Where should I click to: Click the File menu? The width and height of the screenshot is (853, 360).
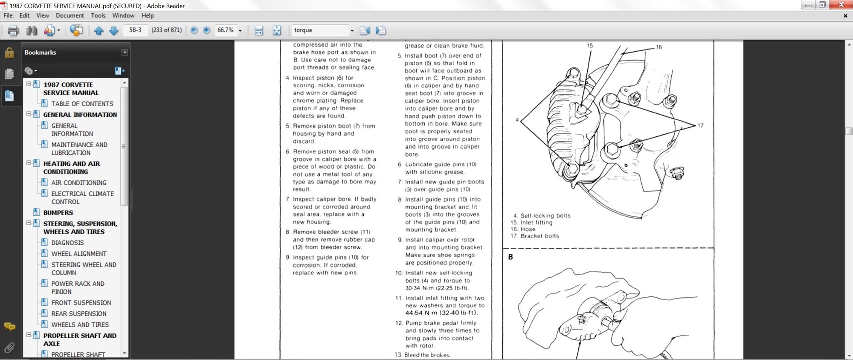[8, 15]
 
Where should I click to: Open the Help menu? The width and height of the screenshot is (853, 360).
[148, 15]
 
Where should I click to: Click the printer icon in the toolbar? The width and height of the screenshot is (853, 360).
[13, 30]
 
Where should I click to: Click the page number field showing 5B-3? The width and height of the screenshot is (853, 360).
[135, 30]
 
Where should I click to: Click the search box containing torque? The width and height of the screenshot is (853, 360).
[320, 30]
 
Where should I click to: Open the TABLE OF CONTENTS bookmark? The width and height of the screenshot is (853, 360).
[82, 104]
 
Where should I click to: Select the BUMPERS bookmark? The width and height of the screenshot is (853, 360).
[58, 212]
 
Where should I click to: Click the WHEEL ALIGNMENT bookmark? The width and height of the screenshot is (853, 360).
[79, 253]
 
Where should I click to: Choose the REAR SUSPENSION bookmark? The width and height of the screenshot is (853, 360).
[79, 314]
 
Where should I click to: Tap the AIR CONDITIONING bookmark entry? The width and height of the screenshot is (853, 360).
[79, 183]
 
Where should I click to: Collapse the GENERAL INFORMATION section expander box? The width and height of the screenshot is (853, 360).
[29, 114]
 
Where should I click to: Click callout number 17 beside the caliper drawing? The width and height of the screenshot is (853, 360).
[700, 125]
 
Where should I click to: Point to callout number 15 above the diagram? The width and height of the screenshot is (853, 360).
[590, 46]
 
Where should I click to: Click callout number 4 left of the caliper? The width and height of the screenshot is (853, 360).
[517, 120]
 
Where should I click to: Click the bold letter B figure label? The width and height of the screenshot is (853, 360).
[511, 257]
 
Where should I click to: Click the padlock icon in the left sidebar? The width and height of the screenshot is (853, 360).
[9, 52]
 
